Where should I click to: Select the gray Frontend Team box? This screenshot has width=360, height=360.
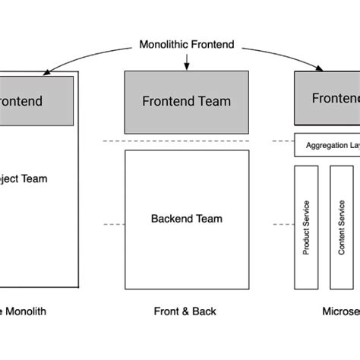click(186, 102)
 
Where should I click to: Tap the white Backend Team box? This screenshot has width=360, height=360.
click(186, 218)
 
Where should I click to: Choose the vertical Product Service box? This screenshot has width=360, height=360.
click(306, 227)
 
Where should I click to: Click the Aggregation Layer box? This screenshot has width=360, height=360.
click(327, 145)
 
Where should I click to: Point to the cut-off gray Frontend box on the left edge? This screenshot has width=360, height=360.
click(36, 100)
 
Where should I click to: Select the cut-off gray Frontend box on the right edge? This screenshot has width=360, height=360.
click(327, 98)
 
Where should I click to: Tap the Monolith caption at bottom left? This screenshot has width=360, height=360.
click(23, 311)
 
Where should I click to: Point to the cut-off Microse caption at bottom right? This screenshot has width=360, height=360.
click(340, 311)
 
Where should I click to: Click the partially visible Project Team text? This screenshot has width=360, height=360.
click(24, 179)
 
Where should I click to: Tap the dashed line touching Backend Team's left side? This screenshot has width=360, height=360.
click(113, 224)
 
